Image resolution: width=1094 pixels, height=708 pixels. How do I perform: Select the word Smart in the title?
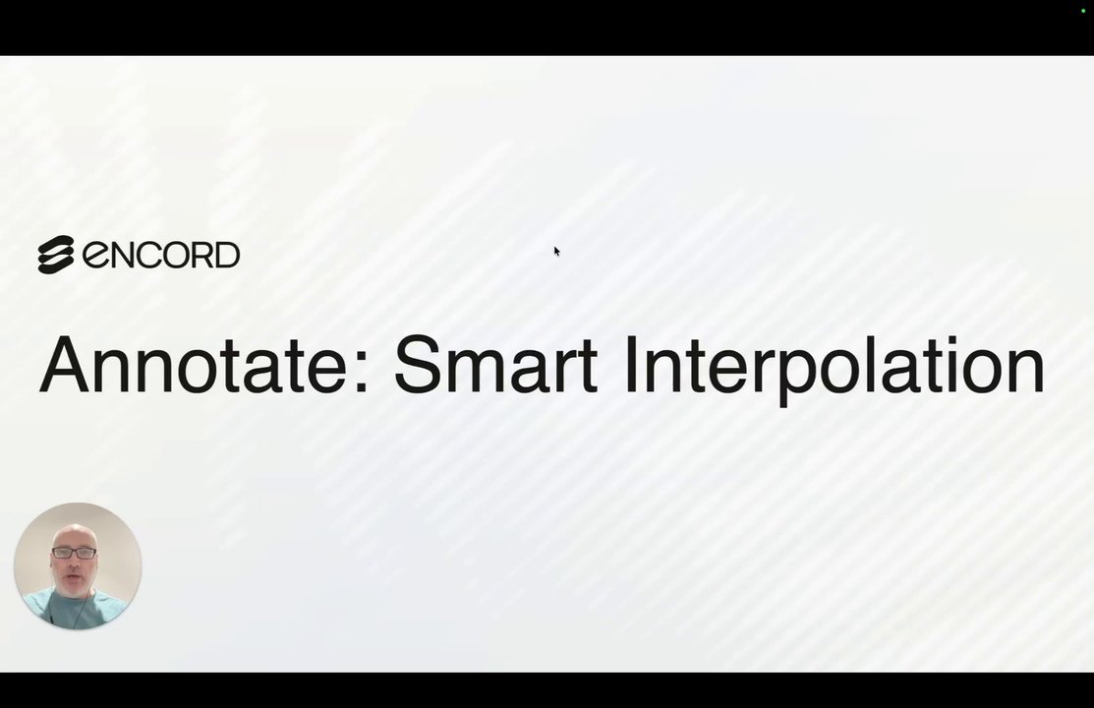click(495, 365)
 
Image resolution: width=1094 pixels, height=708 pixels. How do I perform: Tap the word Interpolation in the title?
click(835, 370)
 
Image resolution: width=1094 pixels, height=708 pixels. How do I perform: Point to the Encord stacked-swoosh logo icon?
click(56, 254)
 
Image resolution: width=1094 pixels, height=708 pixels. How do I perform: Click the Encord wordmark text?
click(161, 254)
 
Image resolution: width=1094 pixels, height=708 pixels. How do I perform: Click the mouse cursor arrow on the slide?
click(556, 252)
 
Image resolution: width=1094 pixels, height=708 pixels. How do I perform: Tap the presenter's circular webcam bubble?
click(78, 565)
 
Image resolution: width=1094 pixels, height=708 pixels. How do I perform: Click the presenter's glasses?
click(74, 553)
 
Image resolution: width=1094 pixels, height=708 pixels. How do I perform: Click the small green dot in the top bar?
click(1083, 11)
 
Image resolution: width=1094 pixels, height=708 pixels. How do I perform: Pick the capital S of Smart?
click(420, 365)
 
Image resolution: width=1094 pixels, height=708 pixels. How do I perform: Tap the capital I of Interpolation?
click(631, 365)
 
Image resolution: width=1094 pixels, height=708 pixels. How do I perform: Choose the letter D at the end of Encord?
click(227, 255)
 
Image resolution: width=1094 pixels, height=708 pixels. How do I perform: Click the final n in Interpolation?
click(1026, 373)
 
